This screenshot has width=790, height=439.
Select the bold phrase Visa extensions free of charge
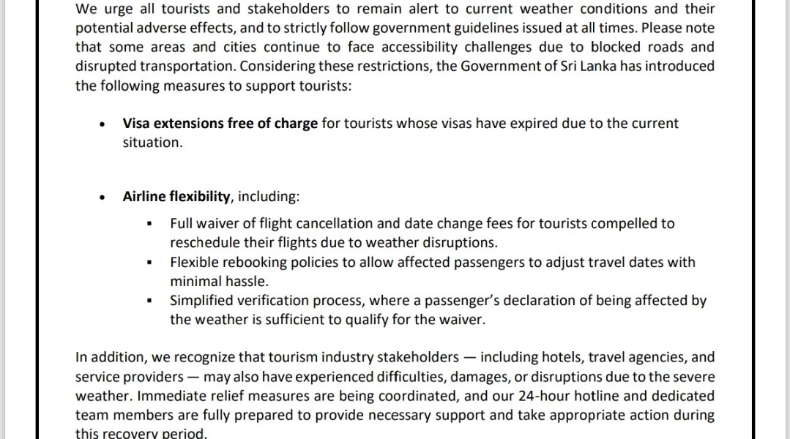[x=220, y=124]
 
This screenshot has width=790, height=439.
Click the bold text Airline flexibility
[x=176, y=198]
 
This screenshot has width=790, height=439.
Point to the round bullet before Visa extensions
[x=103, y=124]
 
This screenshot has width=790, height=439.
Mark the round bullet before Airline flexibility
[x=103, y=198]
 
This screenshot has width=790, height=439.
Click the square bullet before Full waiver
[x=150, y=224]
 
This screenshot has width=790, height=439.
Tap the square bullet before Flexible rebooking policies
[x=150, y=262]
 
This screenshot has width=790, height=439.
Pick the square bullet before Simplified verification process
[x=150, y=301]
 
